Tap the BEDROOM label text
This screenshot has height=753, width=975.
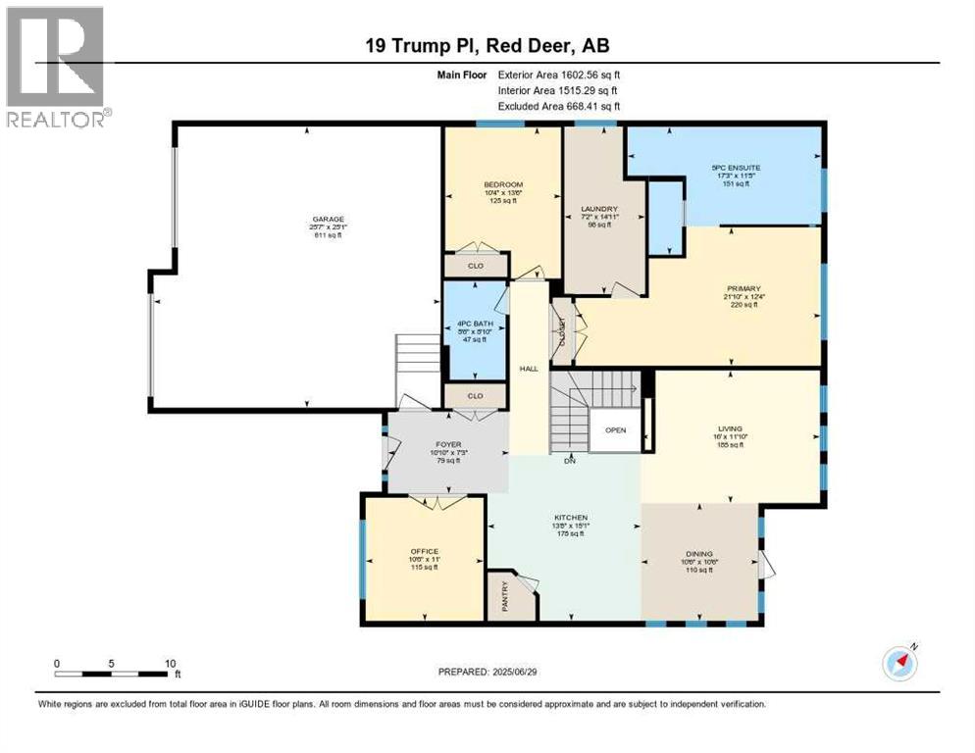(x=502, y=184)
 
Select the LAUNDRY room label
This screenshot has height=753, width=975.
(x=598, y=208)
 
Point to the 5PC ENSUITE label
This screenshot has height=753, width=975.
(x=736, y=168)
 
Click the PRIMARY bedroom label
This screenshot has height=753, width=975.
(x=744, y=288)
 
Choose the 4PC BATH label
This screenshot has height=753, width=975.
(x=474, y=323)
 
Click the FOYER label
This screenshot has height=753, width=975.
(x=447, y=444)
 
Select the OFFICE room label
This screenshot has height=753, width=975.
(x=425, y=551)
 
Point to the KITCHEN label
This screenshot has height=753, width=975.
(x=570, y=518)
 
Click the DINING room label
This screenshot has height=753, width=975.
(x=699, y=553)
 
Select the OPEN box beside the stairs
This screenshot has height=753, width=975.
(x=615, y=429)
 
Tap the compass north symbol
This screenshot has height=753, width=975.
(x=899, y=663)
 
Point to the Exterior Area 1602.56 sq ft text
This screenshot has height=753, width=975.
(x=559, y=75)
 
